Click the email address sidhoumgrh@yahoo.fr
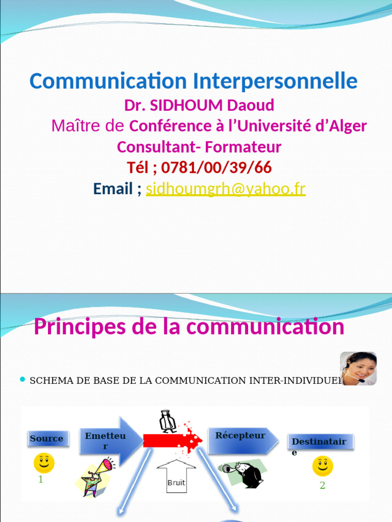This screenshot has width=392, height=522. point(226,189)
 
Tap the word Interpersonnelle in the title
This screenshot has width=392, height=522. point(275,81)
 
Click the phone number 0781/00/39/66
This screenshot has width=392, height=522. point(216,167)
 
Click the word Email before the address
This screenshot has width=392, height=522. point(113,189)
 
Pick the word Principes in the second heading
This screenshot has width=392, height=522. point(77,327)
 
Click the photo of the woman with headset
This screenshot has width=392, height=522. point(359,368)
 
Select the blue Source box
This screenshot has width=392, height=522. point(47,438)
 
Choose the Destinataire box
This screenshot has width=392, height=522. point(320,441)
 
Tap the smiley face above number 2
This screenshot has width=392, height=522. point(323,466)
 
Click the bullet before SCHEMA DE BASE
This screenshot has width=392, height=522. point(22,379)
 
